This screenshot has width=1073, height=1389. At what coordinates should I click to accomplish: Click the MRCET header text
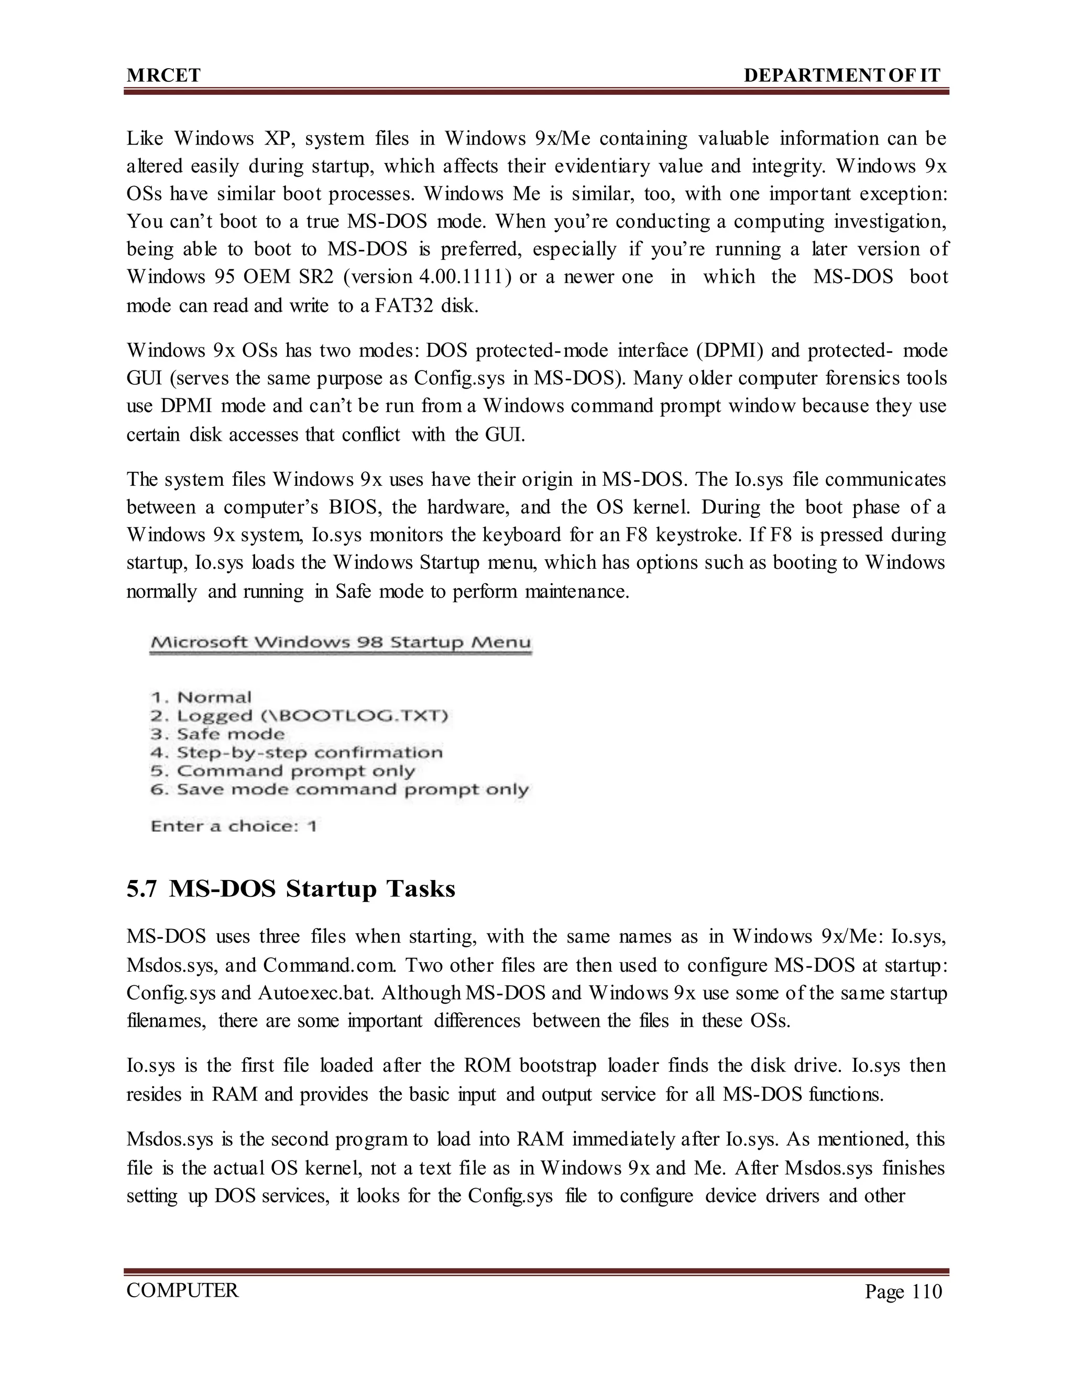(x=163, y=75)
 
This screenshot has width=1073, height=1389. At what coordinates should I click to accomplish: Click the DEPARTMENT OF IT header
(x=841, y=75)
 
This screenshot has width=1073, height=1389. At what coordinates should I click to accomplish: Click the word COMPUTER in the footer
(x=182, y=1290)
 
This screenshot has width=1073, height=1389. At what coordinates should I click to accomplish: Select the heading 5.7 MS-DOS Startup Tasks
(x=291, y=888)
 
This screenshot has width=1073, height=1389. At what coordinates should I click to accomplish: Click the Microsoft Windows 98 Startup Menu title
(x=340, y=643)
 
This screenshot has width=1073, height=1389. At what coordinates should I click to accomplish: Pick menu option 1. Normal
(x=201, y=697)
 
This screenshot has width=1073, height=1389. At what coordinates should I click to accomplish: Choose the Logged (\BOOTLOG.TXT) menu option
(x=299, y=716)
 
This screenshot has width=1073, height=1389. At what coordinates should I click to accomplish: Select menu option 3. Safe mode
(x=217, y=734)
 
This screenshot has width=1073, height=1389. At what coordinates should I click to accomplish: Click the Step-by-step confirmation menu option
(x=296, y=753)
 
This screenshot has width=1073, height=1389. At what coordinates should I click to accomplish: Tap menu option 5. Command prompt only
(x=282, y=772)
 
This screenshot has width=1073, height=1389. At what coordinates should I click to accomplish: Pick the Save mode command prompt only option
(x=339, y=790)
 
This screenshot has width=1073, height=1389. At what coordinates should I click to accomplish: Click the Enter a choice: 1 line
(x=233, y=826)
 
